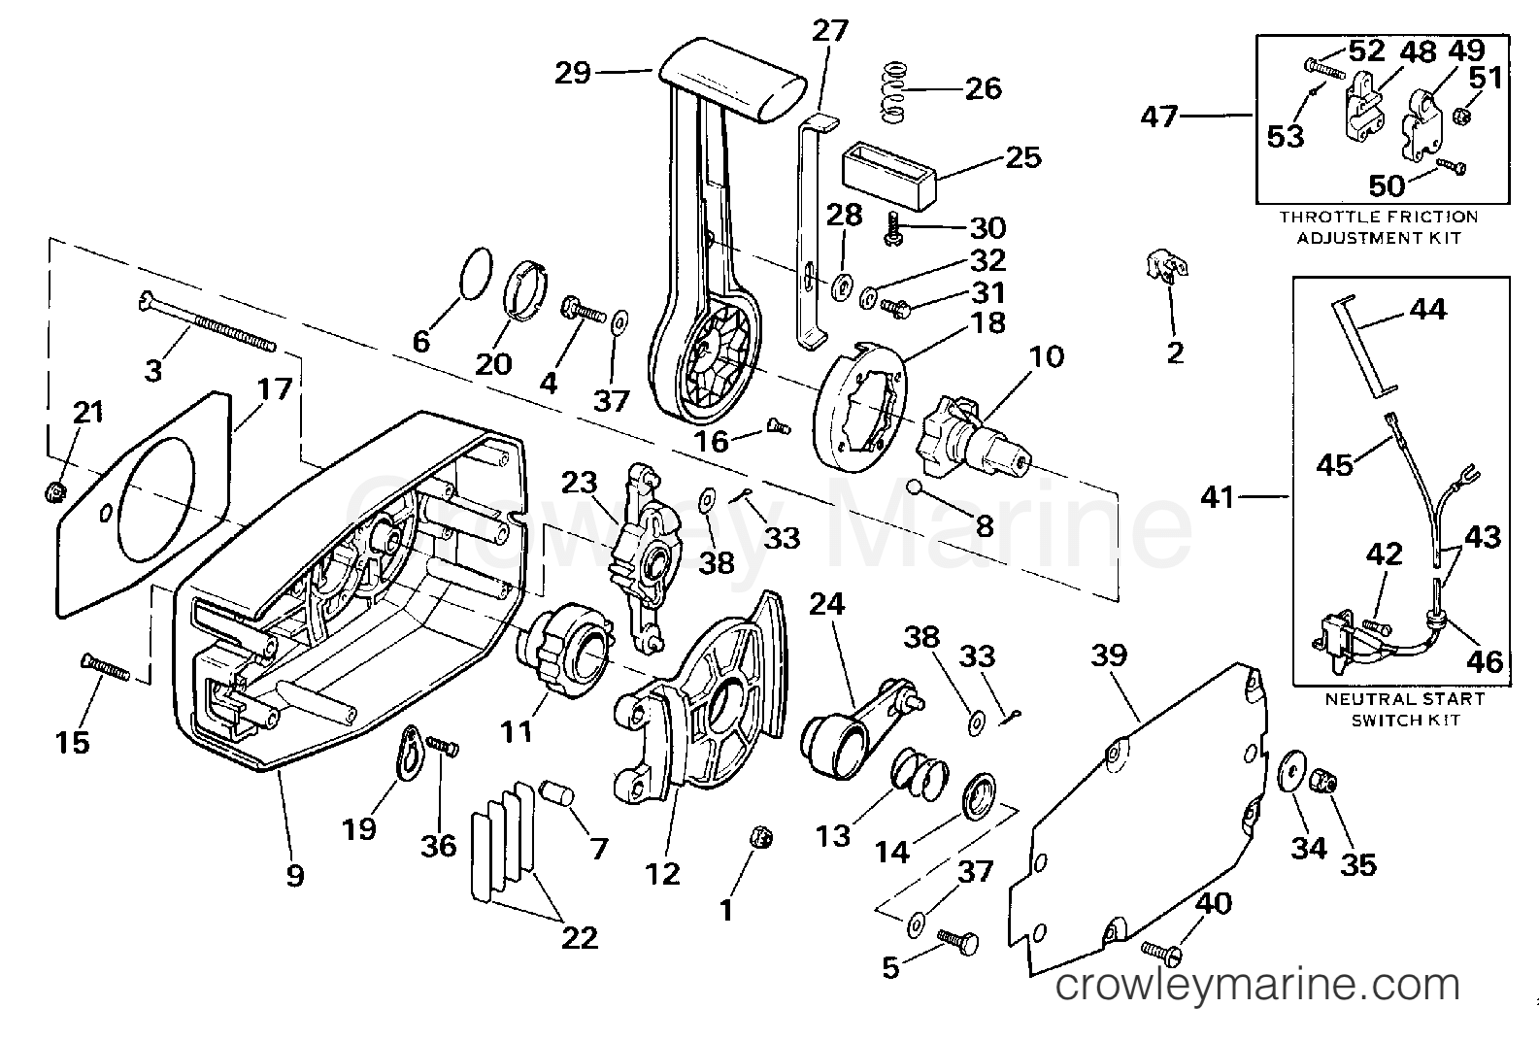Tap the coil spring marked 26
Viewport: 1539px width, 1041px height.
click(894, 93)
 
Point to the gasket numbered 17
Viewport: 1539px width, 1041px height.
click(143, 504)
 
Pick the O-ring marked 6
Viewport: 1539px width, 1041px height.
click(475, 274)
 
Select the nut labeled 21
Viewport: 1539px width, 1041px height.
click(53, 491)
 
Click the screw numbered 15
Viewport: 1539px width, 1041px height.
click(105, 667)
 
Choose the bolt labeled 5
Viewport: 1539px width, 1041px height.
click(957, 941)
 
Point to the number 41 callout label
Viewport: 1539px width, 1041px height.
click(1219, 497)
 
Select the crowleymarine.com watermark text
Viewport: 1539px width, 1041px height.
click(1256, 985)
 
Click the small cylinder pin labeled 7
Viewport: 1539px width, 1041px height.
click(558, 794)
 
